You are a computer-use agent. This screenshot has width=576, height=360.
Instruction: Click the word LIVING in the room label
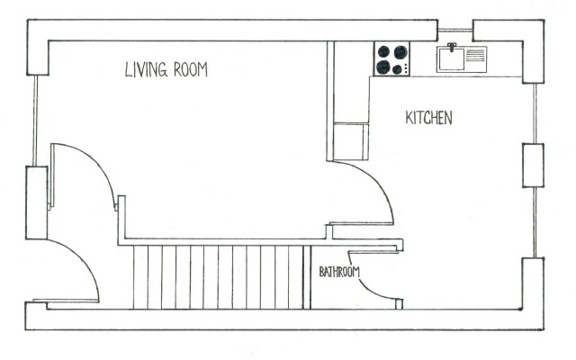click(x=146, y=69)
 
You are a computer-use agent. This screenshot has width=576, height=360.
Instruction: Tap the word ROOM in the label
click(x=191, y=69)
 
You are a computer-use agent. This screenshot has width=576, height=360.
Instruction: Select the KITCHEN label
click(x=428, y=118)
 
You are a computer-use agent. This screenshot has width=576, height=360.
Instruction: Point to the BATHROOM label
click(x=339, y=272)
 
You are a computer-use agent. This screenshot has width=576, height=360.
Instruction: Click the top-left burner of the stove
click(x=383, y=51)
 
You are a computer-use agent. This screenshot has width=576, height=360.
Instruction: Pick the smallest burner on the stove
click(x=397, y=69)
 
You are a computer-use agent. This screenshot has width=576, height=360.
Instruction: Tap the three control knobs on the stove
click(x=406, y=68)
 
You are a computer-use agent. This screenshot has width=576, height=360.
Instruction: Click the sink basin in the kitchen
click(x=452, y=59)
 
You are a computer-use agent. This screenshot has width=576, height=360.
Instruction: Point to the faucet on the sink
click(x=452, y=47)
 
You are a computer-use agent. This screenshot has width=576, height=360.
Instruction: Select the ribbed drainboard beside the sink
click(x=475, y=55)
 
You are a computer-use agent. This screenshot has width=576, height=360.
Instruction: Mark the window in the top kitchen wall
click(x=455, y=31)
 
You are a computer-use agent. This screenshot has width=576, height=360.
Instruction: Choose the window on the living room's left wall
click(x=35, y=121)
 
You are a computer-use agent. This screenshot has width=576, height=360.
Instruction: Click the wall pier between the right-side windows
click(x=533, y=166)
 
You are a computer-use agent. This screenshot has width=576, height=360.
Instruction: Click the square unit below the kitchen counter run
click(x=351, y=142)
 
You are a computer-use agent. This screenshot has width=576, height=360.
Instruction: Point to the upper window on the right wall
click(x=535, y=113)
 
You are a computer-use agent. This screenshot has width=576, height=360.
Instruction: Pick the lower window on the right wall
click(x=535, y=222)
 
